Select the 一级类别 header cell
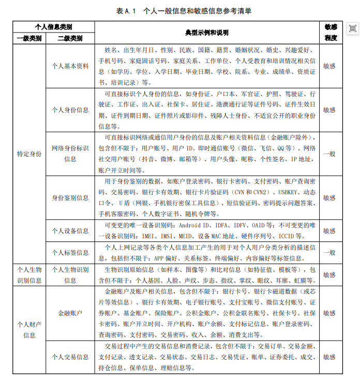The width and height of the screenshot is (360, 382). pos(29,38)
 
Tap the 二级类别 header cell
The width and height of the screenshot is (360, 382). pos(70,38)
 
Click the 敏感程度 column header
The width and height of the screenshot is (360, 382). pos(331,33)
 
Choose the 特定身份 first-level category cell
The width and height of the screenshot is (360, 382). pos(29,154)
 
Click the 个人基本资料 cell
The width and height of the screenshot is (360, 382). pos(70,66)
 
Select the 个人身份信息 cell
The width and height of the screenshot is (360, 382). pos(70,110)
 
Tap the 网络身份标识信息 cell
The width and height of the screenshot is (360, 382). pos(70,154)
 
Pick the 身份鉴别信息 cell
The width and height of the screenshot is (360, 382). pos(70,197)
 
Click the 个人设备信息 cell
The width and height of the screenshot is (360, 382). pos(70,231)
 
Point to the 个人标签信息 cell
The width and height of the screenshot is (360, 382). pos(70,253)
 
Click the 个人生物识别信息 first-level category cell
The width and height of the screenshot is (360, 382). pos(29,274)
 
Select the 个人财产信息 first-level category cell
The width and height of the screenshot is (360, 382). pos(29,329)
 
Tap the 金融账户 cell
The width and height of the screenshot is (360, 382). pos(70,313)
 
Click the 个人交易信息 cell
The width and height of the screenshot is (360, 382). pos(70,357)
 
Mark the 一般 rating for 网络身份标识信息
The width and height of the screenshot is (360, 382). pos(329,154)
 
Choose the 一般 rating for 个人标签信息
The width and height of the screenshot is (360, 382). pos(329,253)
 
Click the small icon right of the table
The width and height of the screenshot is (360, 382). pos(352,28)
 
